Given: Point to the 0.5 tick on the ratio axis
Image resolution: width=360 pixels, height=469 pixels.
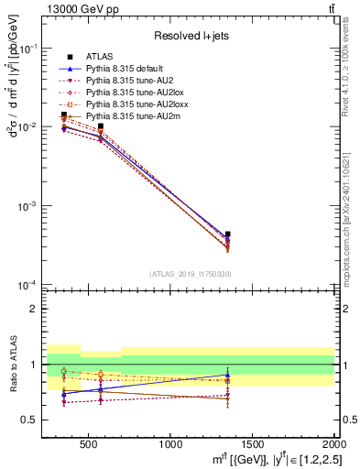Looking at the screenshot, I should (29, 420).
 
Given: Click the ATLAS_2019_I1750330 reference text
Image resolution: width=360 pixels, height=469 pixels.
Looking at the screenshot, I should (189, 274).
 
